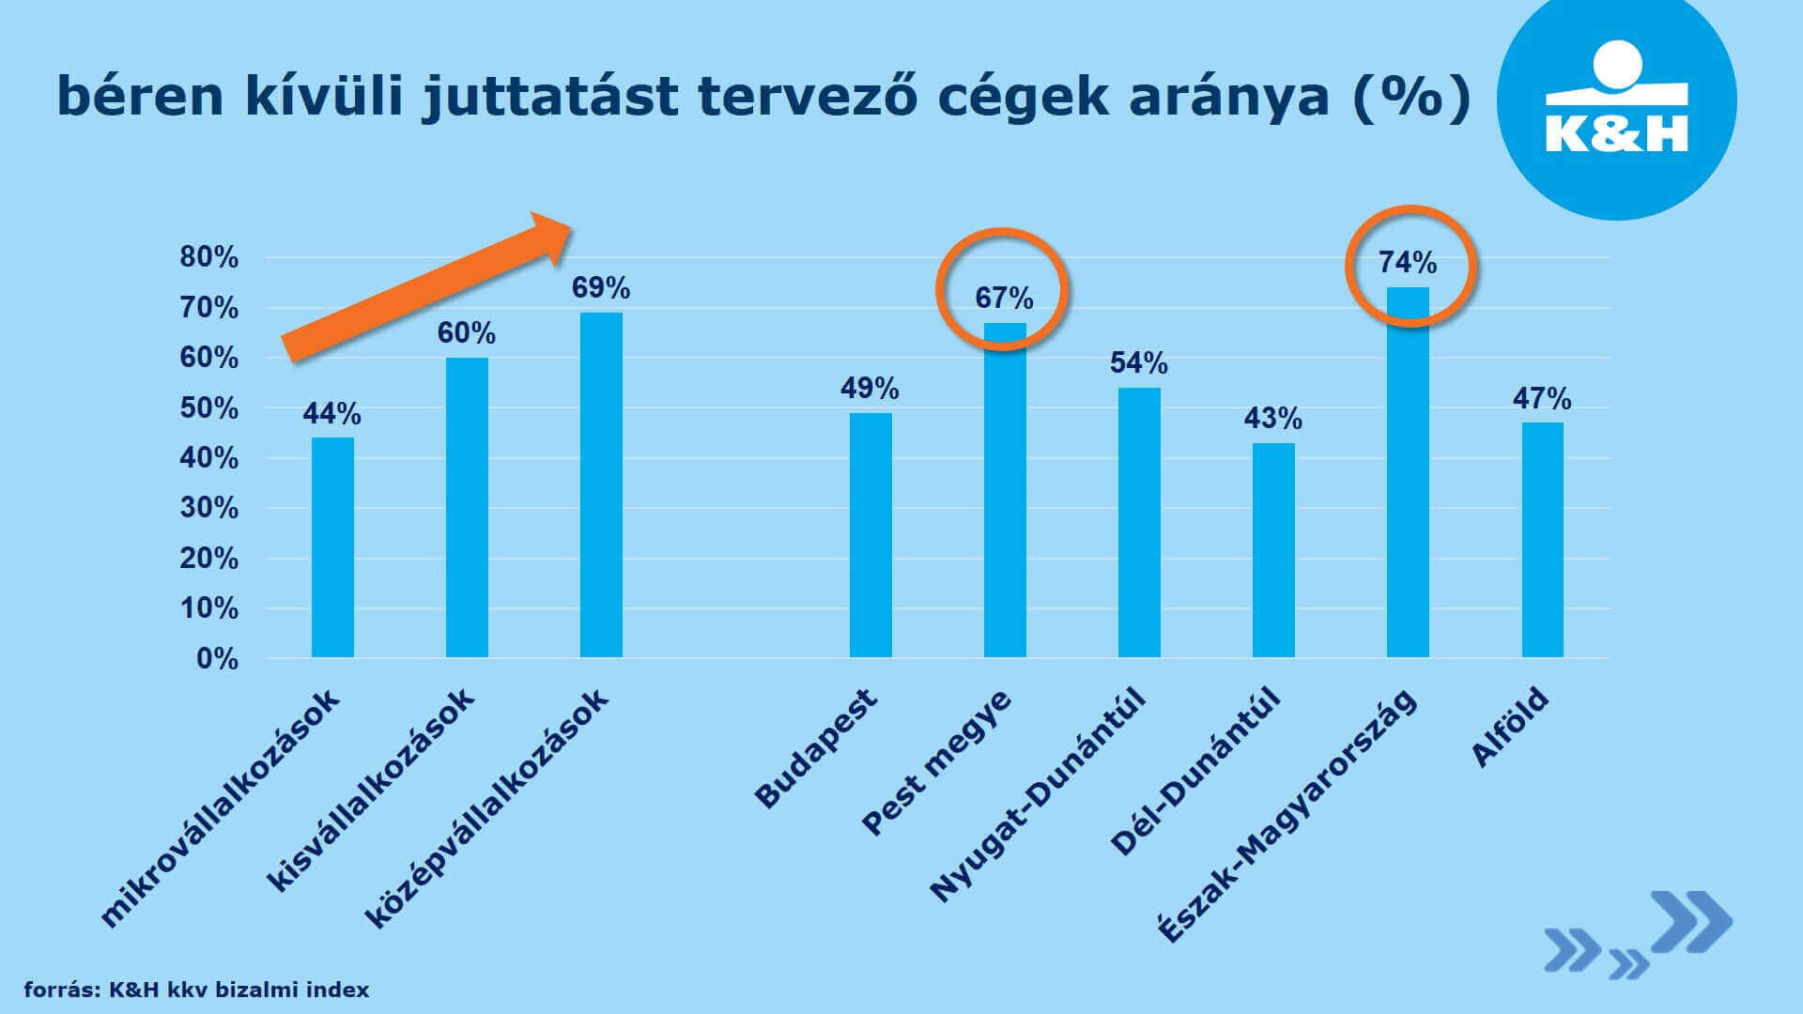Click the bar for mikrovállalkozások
(x=332, y=547)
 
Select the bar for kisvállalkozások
(x=467, y=507)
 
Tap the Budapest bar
(x=871, y=535)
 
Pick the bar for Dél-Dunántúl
(x=1273, y=550)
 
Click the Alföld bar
(x=1542, y=540)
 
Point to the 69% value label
(x=601, y=287)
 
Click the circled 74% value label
(x=1408, y=262)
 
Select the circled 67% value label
(x=1004, y=299)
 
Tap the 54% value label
(x=1138, y=362)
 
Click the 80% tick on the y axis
(x=209, y=257)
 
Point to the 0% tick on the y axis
(x=217, y=659)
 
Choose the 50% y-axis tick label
(x=209, y=408)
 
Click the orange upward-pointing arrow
(x=428, y=287)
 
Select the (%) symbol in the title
(x=1410, y=96)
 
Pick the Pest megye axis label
(x=937, y=761)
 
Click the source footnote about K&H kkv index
(x=196, y=990)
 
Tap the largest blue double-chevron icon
(x=1691, y=922)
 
